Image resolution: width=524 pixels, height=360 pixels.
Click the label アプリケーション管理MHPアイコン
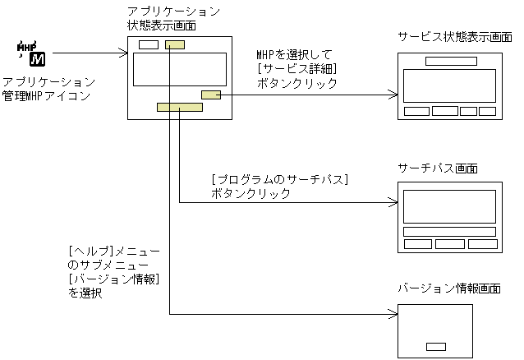[48, 90]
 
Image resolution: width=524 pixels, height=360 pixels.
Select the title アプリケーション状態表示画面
[173, 18]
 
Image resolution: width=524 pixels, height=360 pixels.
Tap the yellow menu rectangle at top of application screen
[174, 44]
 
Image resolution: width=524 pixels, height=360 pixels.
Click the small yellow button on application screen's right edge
[211, 95]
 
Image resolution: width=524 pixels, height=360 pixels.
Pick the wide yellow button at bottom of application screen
[180, 107]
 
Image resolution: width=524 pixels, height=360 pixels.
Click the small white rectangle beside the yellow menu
[149, 44]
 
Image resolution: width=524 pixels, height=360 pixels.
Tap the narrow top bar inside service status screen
[451, 61]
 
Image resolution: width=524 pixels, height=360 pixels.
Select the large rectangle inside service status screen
[450, 85]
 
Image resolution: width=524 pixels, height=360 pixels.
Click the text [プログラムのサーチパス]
[280, 180]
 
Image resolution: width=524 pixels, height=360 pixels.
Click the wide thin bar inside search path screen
[449, 232]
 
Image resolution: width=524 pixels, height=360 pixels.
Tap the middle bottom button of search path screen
[449, 244]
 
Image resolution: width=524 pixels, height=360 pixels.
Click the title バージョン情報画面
[448, 288]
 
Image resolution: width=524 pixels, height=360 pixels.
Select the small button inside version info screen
[436, 345]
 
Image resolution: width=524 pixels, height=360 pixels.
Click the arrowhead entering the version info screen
[392, 314]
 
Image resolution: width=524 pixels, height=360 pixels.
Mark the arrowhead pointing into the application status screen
[124, 54]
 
